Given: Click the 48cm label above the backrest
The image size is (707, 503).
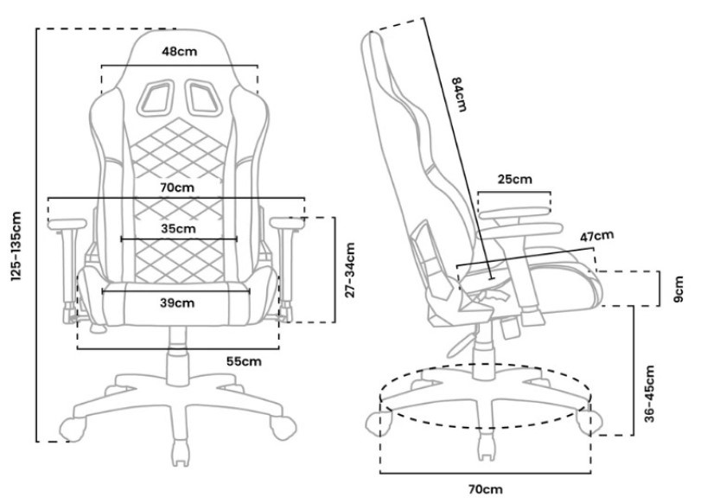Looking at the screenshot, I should click(x=179, y=51).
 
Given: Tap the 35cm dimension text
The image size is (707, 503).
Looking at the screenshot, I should click(x=178, y=229).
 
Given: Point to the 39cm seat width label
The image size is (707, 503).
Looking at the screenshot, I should click(x=177, y=302).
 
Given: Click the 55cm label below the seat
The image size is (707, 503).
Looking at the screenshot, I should click(x=244, y=360).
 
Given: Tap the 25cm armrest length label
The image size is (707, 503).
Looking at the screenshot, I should click(x=514, y=180).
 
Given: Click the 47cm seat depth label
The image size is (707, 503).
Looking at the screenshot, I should click(x=596, y=236).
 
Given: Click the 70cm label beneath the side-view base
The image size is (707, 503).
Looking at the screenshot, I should click(x=486, y=489).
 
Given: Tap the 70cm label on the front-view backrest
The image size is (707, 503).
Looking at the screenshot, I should click(x=176, y=187).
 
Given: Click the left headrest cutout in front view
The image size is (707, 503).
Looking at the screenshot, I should click(x=156, y=96).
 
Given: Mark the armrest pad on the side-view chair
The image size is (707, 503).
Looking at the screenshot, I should click(x=516, y=208).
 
